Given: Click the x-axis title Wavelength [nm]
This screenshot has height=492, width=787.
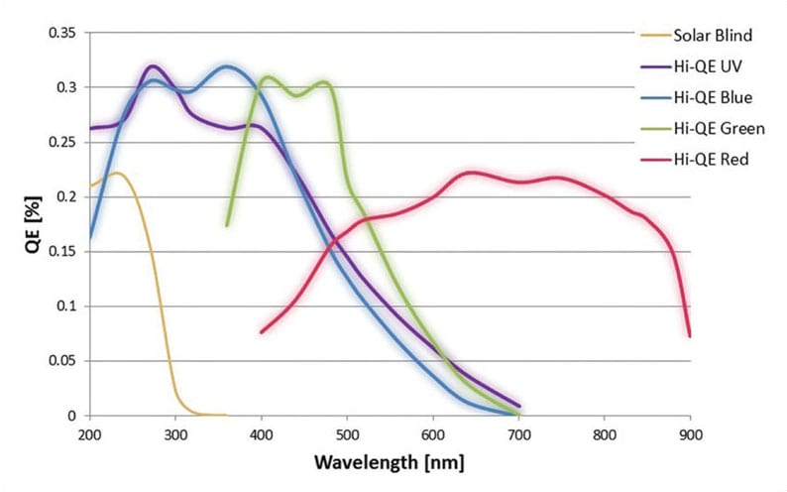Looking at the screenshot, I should tap(390, 462).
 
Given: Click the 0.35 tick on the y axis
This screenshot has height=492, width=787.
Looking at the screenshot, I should tap(61, 33).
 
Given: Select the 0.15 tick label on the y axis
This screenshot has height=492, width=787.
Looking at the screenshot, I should tap(61, 252).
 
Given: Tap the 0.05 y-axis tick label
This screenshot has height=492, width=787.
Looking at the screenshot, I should tap(61, 361).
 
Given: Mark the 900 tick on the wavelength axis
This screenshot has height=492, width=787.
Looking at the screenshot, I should tap(690, 434).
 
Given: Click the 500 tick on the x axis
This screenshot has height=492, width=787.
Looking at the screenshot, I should tap(347, 434).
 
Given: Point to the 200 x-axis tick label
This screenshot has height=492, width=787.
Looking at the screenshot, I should tap(90, 434).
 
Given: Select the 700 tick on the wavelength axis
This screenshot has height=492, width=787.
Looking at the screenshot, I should tap(518, 434).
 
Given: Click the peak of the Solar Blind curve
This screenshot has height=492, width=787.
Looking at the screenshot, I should tap(117, 174).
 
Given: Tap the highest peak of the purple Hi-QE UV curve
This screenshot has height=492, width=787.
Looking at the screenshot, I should tap(152, 66).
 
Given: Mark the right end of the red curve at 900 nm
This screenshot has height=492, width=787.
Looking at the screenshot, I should tap(690, 336).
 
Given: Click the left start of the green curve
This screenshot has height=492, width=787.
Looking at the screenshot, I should tap(227, 225).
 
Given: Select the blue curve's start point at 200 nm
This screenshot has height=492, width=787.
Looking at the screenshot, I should tap(90, 238).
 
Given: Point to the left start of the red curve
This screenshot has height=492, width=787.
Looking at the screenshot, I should tap(262, 332).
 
